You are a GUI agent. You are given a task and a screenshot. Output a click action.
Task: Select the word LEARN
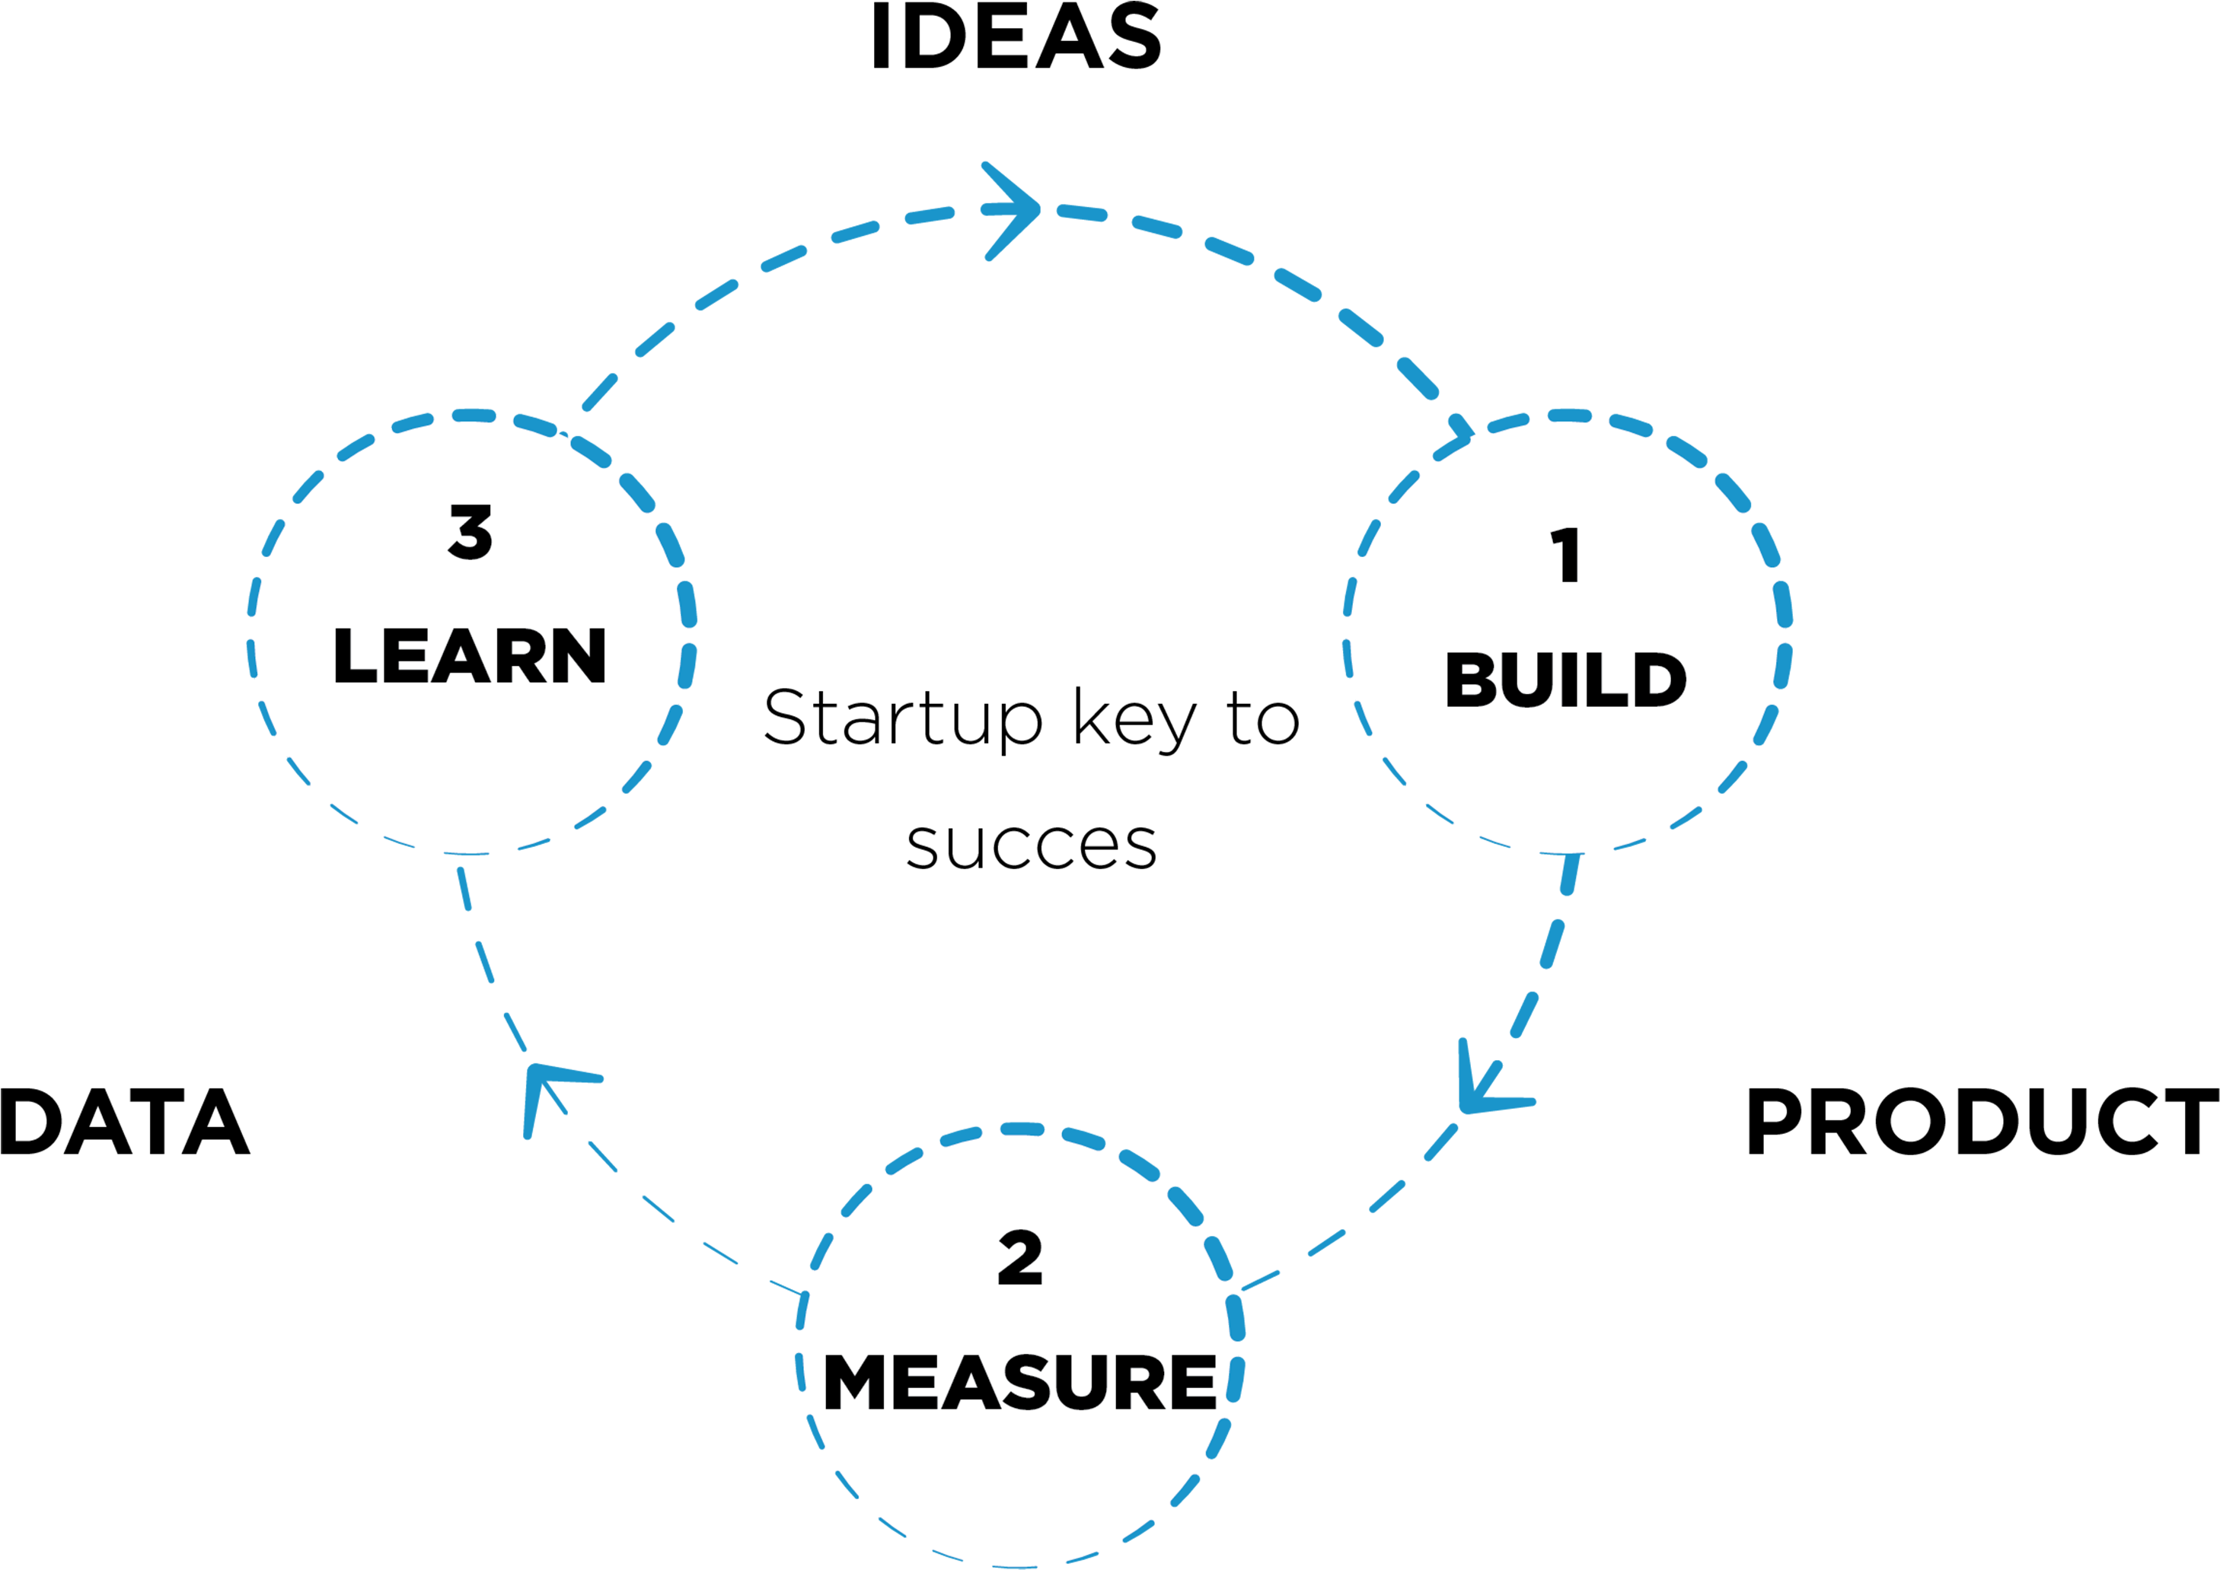(470, 657)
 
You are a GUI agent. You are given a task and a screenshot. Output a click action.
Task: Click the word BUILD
(1565, 680)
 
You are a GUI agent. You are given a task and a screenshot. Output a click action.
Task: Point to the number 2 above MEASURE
(1020, 1259)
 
